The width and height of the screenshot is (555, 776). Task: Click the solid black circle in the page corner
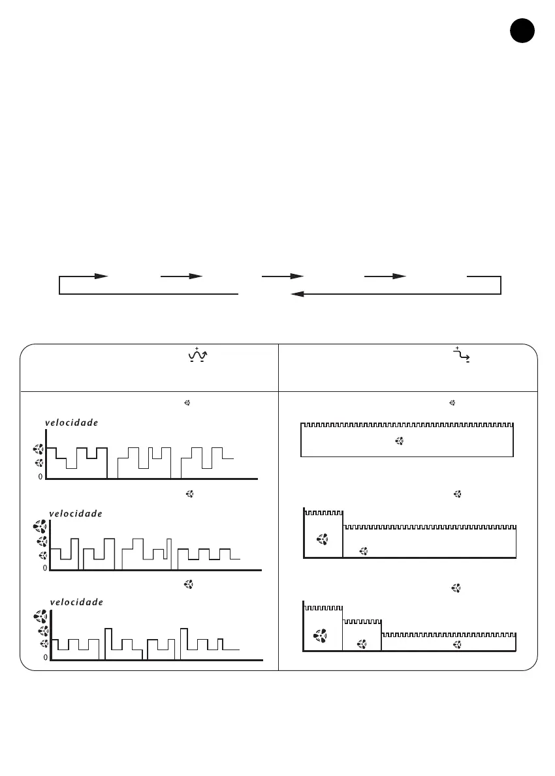(x=522, y=31)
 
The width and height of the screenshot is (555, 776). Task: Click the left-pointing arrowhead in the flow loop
(x=298, y=294)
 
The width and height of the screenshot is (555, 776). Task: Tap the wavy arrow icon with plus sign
(x=197, y=355)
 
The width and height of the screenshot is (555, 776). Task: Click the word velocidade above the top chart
(x=72, y=423)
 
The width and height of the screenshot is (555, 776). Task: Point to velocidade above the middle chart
(x=76, y=513)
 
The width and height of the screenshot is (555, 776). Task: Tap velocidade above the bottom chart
(x=76, y=602)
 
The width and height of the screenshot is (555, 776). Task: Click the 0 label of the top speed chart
(x=40, y=477)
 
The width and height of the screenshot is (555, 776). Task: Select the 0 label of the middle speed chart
(x=44, y=568)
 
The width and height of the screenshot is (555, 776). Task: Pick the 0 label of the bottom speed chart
(x=45, y=657)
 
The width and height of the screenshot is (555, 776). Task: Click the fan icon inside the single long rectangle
(x=400, y=441)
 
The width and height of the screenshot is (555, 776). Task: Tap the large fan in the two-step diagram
(x=322, y=539)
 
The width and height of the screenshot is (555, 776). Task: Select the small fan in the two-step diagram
(x=364, y=552)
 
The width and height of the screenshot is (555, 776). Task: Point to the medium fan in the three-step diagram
(x=361, y=644)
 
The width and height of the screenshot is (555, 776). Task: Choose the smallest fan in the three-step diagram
(x=457, y=645)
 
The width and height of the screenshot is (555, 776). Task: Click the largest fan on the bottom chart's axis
(x=40, y=617)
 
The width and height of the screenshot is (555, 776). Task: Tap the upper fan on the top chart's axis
(x=39, y=449)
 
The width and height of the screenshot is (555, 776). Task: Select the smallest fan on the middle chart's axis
(x=44, y=556)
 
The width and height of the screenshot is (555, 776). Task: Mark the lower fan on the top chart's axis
(x=39, y=463)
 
